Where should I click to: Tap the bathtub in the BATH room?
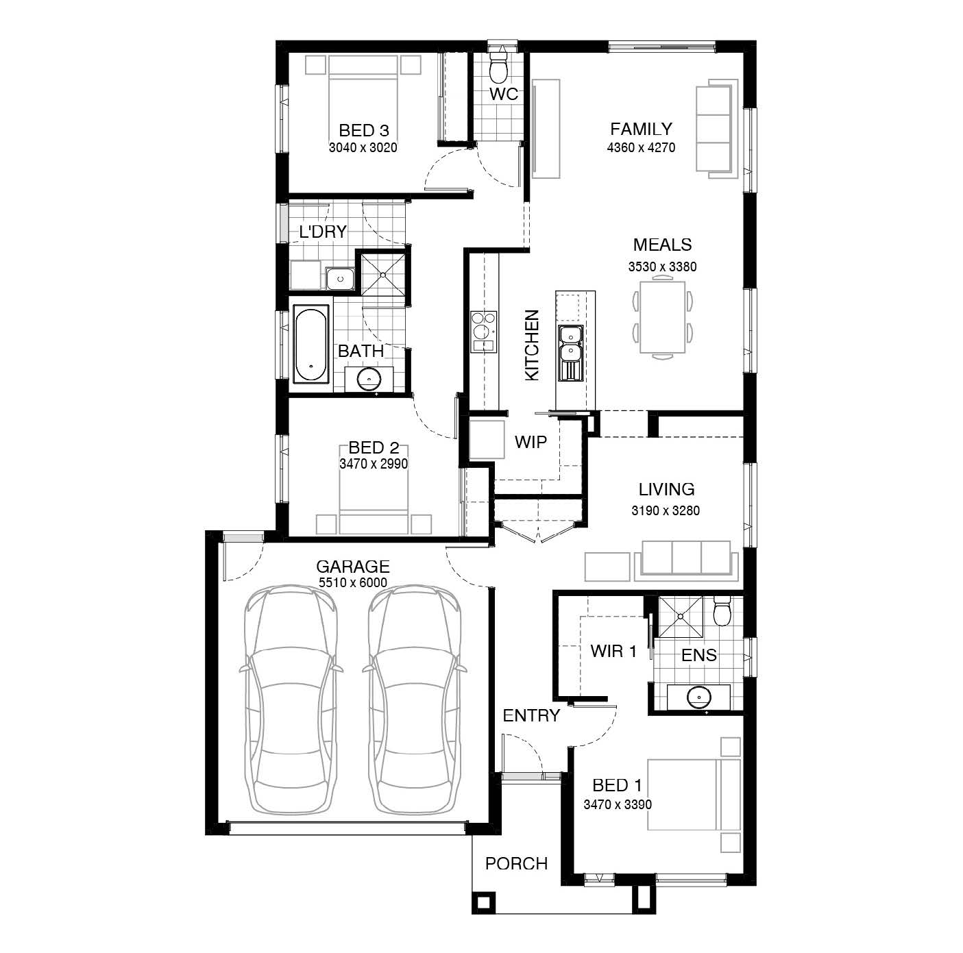coord(311,345)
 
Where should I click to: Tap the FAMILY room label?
coord(641,129)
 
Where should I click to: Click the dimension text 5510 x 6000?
coord(353,582)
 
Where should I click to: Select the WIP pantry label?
coord(531,442)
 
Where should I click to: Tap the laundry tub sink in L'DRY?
coord(340,278)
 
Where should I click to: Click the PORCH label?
coord(516,863)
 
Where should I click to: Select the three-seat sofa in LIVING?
coord(686,560)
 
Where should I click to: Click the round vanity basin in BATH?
coord(369,380)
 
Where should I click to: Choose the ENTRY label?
coord(531,716)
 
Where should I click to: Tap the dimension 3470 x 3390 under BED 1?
coord(618,804)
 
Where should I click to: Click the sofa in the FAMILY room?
coord(717,128)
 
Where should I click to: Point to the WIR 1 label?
coord(613,651)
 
